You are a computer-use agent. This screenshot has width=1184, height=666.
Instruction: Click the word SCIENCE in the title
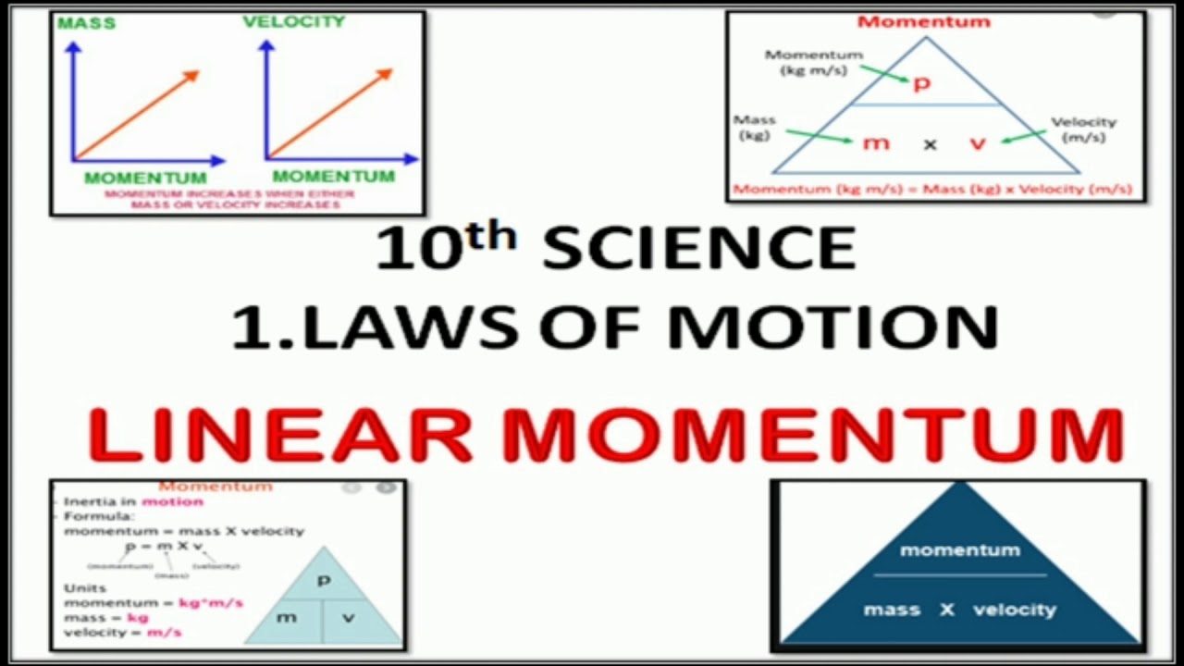pyautogui.click(x=699, y=249)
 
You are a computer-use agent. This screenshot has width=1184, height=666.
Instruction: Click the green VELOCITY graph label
pyautogui.click(x=293, y=21)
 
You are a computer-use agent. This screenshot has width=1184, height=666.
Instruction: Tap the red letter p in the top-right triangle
pyautogui.click(x=921, y=84)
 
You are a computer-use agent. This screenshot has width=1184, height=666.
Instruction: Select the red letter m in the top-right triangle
pyautogui.click(x=875, y=143)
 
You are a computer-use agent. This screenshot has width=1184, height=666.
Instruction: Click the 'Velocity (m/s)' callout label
pyautogui.click(x=1083, y=129)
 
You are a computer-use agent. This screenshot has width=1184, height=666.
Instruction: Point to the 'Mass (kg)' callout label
pyautogui.click(x=754, y=128)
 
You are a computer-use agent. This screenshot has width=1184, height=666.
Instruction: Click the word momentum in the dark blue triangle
pyautogui.click(x=960, y=550)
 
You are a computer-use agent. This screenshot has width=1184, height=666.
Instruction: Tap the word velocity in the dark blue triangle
pyautogui.click(x=1014, y=610)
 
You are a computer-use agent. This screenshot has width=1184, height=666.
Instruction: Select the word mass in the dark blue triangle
pyautogui.click(x=893, y=610)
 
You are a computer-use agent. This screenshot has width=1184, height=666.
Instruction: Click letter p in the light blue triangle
pyautogui.click(x=324, y=581)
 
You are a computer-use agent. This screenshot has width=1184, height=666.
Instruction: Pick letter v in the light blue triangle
pyautogui.click(x=348, y=617)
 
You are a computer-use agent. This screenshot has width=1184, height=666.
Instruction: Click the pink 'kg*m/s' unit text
pyautogui.click(x=211, y=603)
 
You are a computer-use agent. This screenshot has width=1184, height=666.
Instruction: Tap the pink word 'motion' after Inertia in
pyautogui.click(x=172, y=501)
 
